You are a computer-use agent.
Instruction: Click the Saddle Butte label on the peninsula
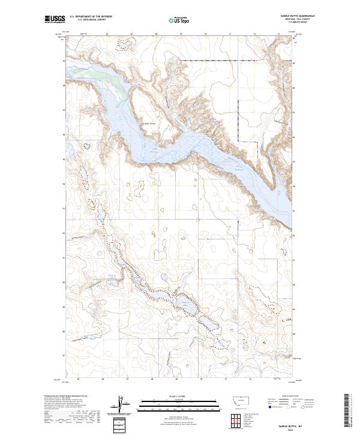(x=148, y=124)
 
